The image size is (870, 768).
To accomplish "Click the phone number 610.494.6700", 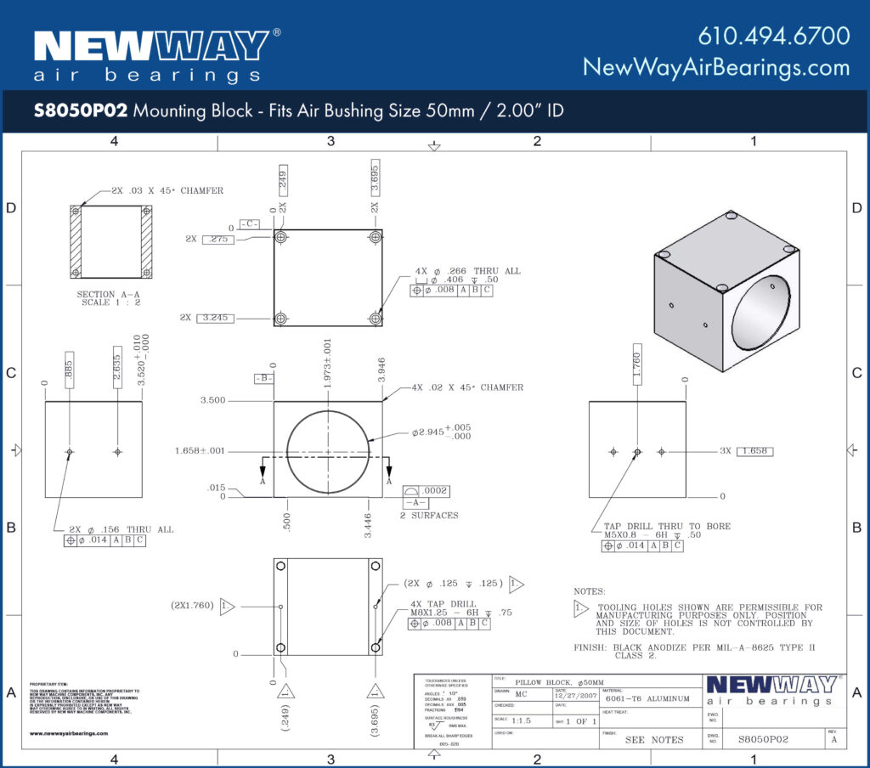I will coord(773,36).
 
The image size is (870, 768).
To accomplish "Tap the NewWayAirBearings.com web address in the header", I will coord(715,67).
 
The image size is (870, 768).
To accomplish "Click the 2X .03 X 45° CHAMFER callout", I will coord(167,191).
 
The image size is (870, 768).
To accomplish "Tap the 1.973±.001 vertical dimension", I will coord(328,364).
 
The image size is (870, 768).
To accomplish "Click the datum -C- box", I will coord(249,223).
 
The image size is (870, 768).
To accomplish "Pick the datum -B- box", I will coord(263,378).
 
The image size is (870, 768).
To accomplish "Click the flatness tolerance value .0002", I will coord(437,491).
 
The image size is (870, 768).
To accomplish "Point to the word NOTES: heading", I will coord(590,590).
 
